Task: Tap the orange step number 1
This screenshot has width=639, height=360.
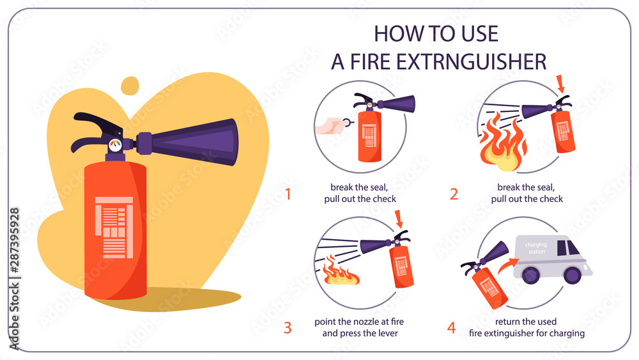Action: pyautogui.click(x=288, y=194)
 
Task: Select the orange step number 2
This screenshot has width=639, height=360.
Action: pyautogui.click(x=454, y=194)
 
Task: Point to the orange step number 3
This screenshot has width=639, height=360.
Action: pyautogui.click(x=288, y=328)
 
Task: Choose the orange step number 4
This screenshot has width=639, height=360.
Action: pyautogui.click(x=452, y=328)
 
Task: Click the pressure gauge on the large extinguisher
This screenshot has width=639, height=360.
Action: pyautogui.click(x=114, y=145)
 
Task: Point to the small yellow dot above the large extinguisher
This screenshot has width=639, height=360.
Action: pyautogui.click(x=130, y=85)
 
